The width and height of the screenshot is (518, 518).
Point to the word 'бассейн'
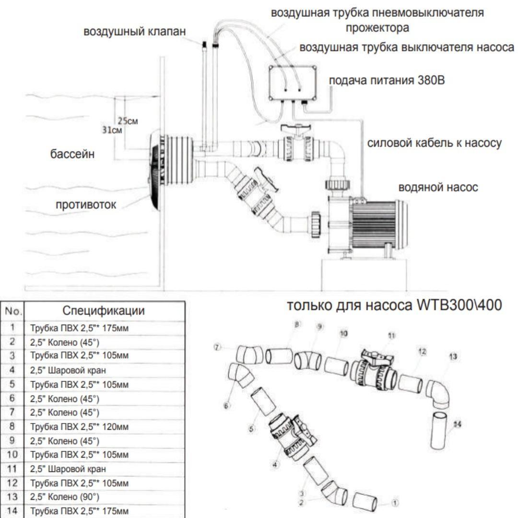tap(73, 154)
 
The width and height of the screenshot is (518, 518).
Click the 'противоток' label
tap(86, 205)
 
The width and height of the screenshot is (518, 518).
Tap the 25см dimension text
tap(128, 121)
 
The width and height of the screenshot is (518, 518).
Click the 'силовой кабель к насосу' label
tap(435, 143)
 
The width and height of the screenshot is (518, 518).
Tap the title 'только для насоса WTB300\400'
tap(394, 306)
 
